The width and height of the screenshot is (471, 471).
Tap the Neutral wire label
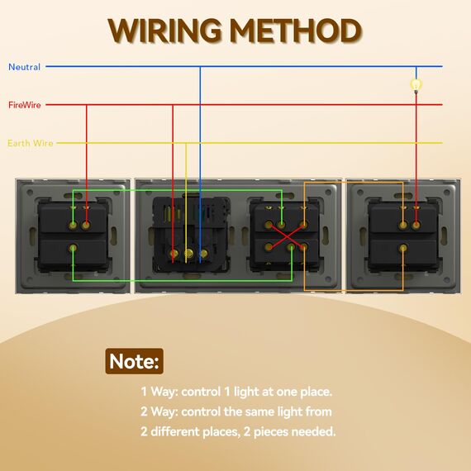coord(24,67)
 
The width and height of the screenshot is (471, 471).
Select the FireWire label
coord(25,105)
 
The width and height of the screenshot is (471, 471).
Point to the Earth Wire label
coord(31,143)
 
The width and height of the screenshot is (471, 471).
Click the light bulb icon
coord(416,85)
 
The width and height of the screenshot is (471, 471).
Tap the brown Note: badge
coord(134,361)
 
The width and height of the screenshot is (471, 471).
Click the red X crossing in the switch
coord(287,236)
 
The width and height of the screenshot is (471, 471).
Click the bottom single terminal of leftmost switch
coord(73,248)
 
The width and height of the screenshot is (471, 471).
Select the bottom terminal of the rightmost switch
coord(402,248)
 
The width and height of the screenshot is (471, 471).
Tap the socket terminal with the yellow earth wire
coord(188,254)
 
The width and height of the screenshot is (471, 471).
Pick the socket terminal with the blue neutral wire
coord(203,254)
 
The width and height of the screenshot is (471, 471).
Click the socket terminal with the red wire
coord(173,254)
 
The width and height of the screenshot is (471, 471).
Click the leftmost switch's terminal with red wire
coord(86,225)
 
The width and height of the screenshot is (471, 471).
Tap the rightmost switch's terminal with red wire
coord(416,225)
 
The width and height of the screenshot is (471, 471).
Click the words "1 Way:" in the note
coord(159,392)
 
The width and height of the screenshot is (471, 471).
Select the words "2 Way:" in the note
coord(159,412)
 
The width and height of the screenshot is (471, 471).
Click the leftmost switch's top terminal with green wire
coord(73,225)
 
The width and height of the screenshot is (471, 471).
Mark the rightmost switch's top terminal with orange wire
coord(402,225)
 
